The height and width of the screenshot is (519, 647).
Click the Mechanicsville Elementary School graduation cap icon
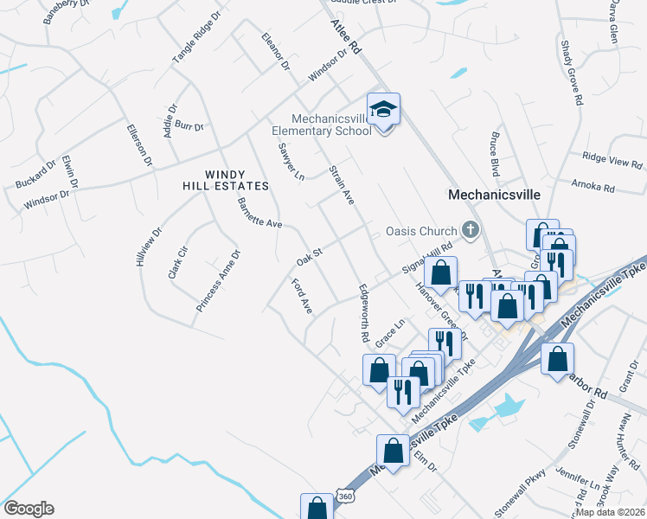tap(383, 110)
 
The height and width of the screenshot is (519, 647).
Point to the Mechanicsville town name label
tap(494, 195)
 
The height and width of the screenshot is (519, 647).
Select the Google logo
tap(29, 509)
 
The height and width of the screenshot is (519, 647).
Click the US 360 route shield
tap(346, 497)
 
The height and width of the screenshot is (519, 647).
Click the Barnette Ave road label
tap(259, 213)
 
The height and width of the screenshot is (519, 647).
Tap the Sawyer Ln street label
tap(290, 162)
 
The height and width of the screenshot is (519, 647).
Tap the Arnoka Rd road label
tap(593, 186)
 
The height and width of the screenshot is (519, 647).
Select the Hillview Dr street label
tap(145, 247)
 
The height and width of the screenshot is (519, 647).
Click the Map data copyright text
tap(611, 512)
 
